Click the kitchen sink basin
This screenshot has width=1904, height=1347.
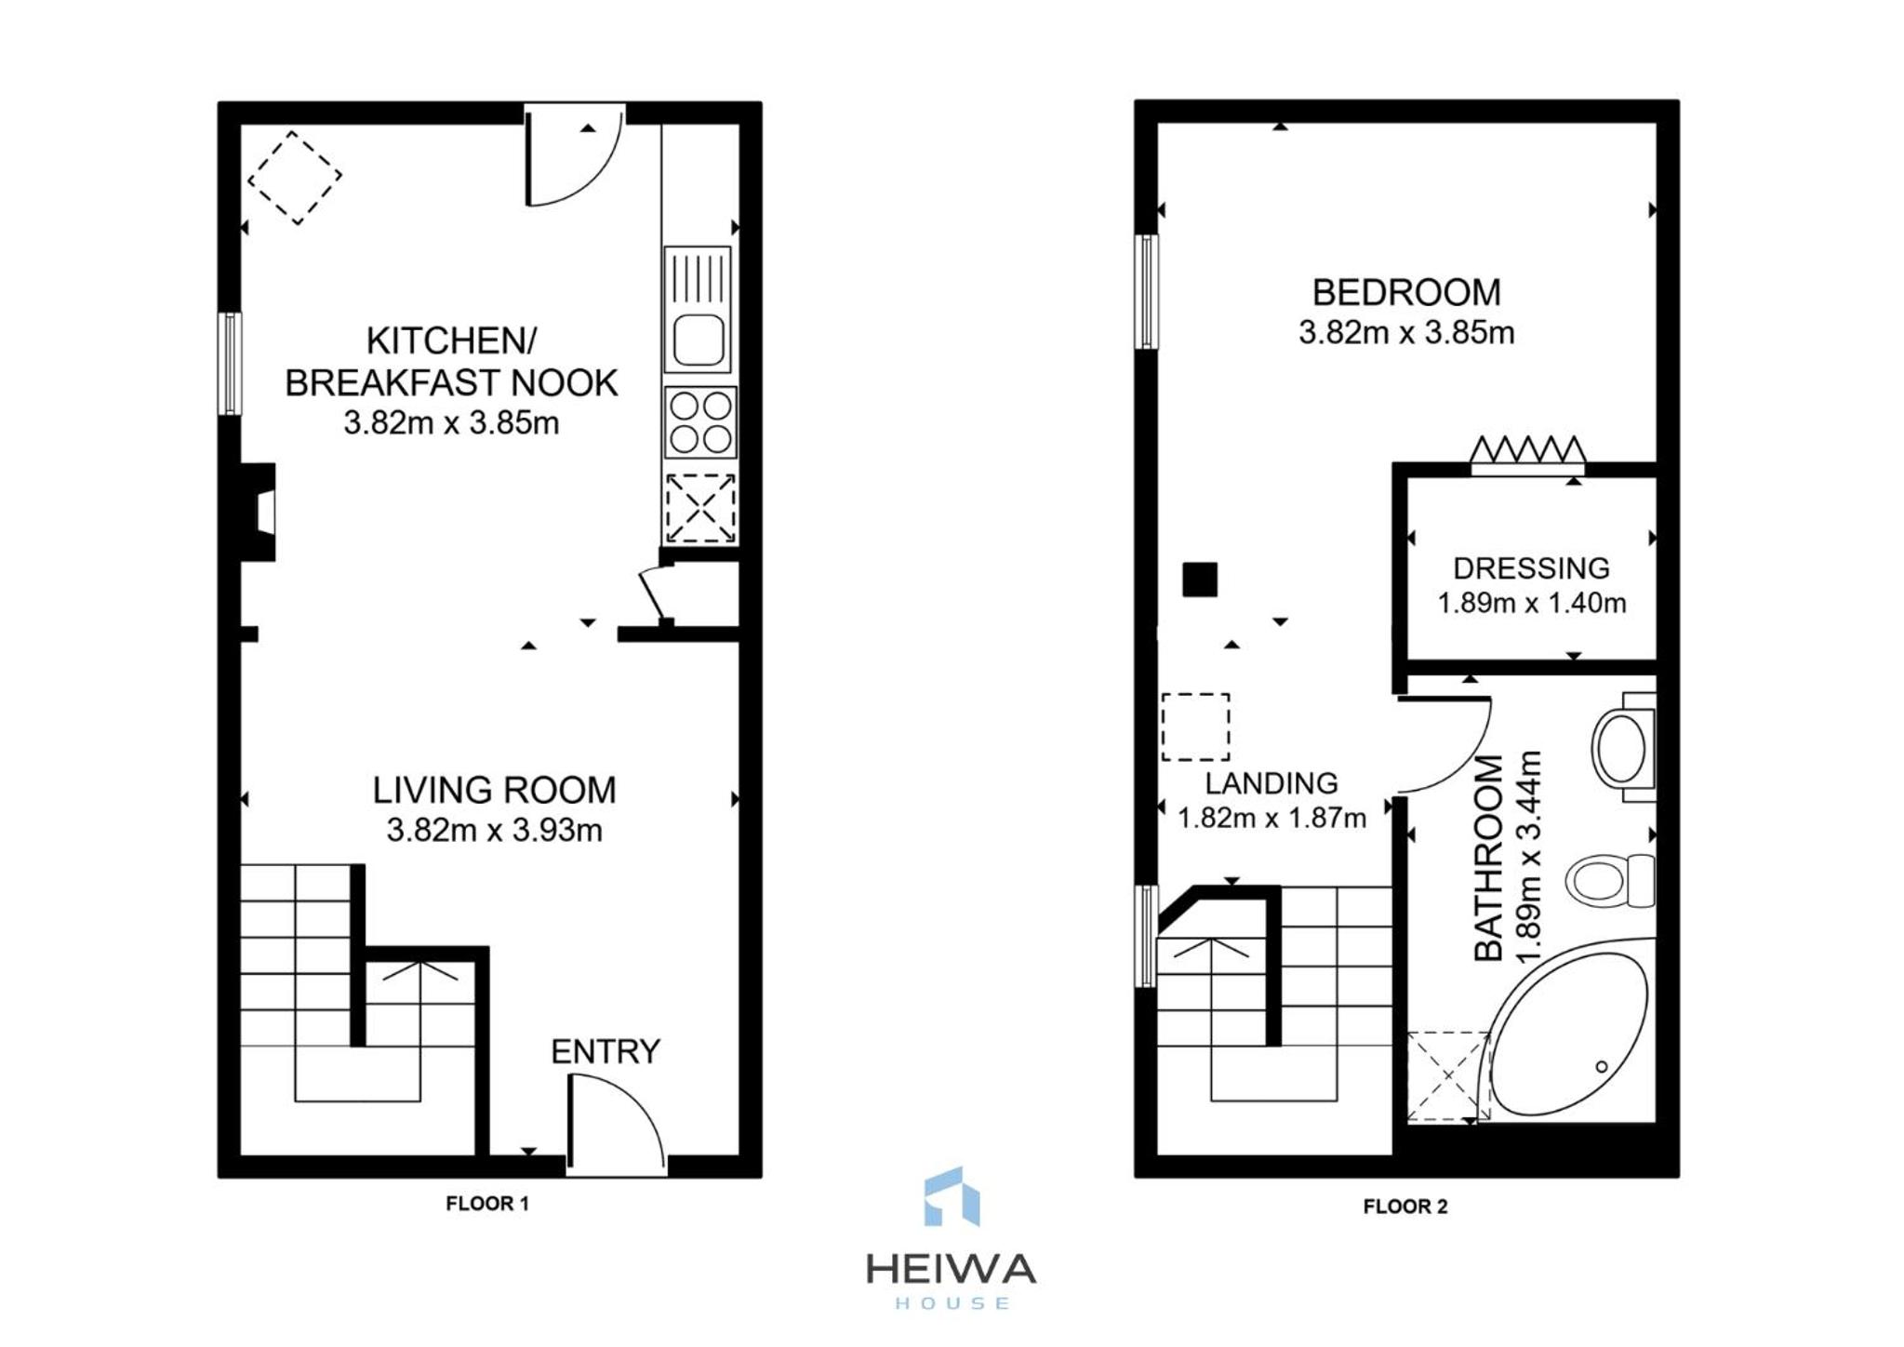point(699,340)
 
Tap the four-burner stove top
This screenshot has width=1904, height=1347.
point(700,422)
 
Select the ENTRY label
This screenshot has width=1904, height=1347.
point(606,1051)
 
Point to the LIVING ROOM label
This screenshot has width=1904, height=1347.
point(494,790)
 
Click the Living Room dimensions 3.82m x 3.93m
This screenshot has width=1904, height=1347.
point(494,829)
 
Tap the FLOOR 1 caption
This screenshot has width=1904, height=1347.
point(487,1203)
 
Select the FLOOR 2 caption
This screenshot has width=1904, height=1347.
point(1405,1207)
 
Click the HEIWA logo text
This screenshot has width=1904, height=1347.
point(951,1269)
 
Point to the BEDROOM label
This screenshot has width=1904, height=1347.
point(1406,292)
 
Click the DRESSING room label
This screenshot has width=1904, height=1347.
point(1531,567)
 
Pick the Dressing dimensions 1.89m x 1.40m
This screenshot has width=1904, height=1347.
point(1531,603)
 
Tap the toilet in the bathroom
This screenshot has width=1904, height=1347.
point(1609,880)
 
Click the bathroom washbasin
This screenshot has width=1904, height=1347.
point(1623,747)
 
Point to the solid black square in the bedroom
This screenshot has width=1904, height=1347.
point(1199,580)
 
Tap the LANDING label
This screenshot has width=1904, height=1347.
point(1272,782)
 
